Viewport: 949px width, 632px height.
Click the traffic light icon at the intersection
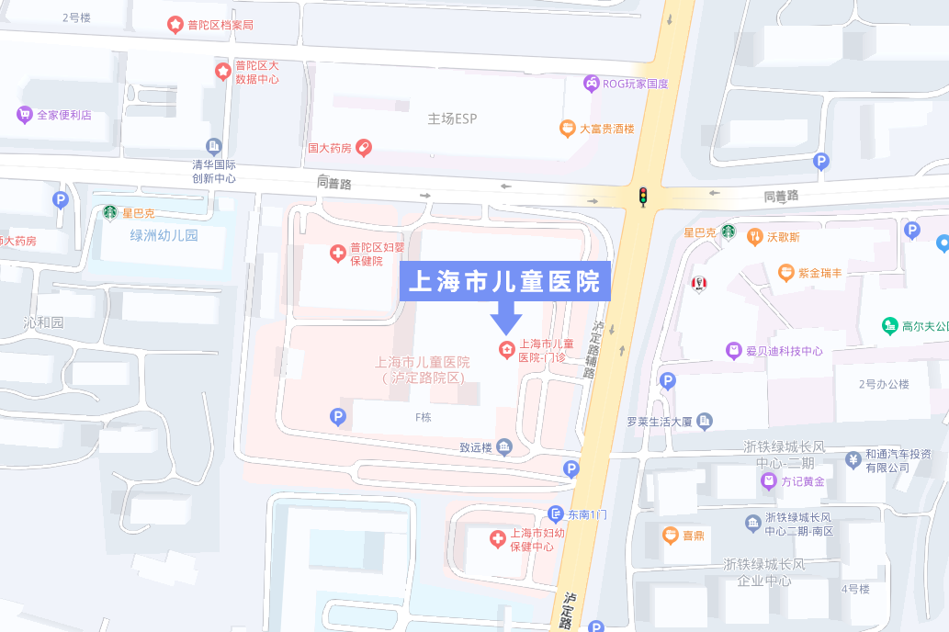coord(643,196)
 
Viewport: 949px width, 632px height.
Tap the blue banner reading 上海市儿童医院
coord(506,280)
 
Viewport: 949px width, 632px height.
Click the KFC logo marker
coord(699,284)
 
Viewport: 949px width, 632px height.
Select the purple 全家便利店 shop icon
coord(25,115)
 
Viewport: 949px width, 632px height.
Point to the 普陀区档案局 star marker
coord(175,25)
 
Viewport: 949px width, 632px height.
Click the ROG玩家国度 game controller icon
coord(591,84)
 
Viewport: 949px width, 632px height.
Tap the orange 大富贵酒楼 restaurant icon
coord(567,129)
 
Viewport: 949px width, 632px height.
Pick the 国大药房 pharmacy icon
coord(364,147)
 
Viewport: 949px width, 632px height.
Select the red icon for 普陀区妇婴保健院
coord(337,253)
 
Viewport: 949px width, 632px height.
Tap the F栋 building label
coord(423,416)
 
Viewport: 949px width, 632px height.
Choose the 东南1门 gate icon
coord(555,513)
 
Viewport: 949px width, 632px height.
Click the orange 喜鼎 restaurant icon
coord(671,535)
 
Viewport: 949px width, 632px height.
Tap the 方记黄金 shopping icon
coord(768,480)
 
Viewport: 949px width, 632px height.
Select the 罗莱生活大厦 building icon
coord(705,422)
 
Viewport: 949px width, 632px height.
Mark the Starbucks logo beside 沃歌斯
coord(728,233)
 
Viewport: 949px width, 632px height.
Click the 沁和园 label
coord(44,322)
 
